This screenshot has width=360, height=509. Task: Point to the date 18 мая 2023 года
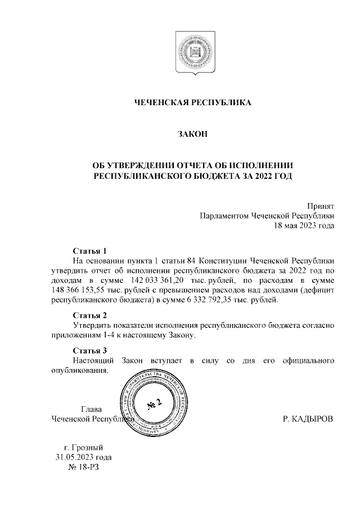point(304,226)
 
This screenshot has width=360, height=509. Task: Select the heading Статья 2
point(89,315)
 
